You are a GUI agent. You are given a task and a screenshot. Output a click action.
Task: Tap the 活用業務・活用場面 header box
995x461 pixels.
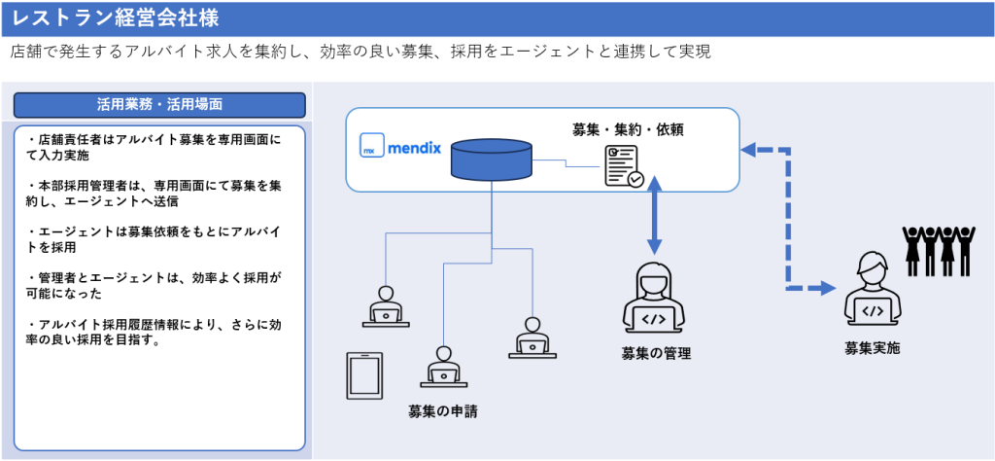(160, 103)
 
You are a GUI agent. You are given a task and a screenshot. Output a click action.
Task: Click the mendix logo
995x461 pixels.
(401, 150)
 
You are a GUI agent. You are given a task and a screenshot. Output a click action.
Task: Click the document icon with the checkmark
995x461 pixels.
(623, 165)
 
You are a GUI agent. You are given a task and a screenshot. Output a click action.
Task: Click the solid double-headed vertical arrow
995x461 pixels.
(655, 216)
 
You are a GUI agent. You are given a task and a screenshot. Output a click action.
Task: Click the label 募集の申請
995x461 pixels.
(443, 411)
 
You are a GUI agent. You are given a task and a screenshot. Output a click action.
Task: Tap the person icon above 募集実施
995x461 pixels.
(872, 288)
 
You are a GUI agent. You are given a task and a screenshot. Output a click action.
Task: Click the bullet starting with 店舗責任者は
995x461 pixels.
(155, 146)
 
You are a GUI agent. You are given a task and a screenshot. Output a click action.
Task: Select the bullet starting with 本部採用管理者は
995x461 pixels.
(155, 192)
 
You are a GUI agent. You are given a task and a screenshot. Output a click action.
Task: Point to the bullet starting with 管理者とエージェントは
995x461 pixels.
(155, 285)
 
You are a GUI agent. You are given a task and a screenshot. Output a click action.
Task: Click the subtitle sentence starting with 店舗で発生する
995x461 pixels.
(360, 52)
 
